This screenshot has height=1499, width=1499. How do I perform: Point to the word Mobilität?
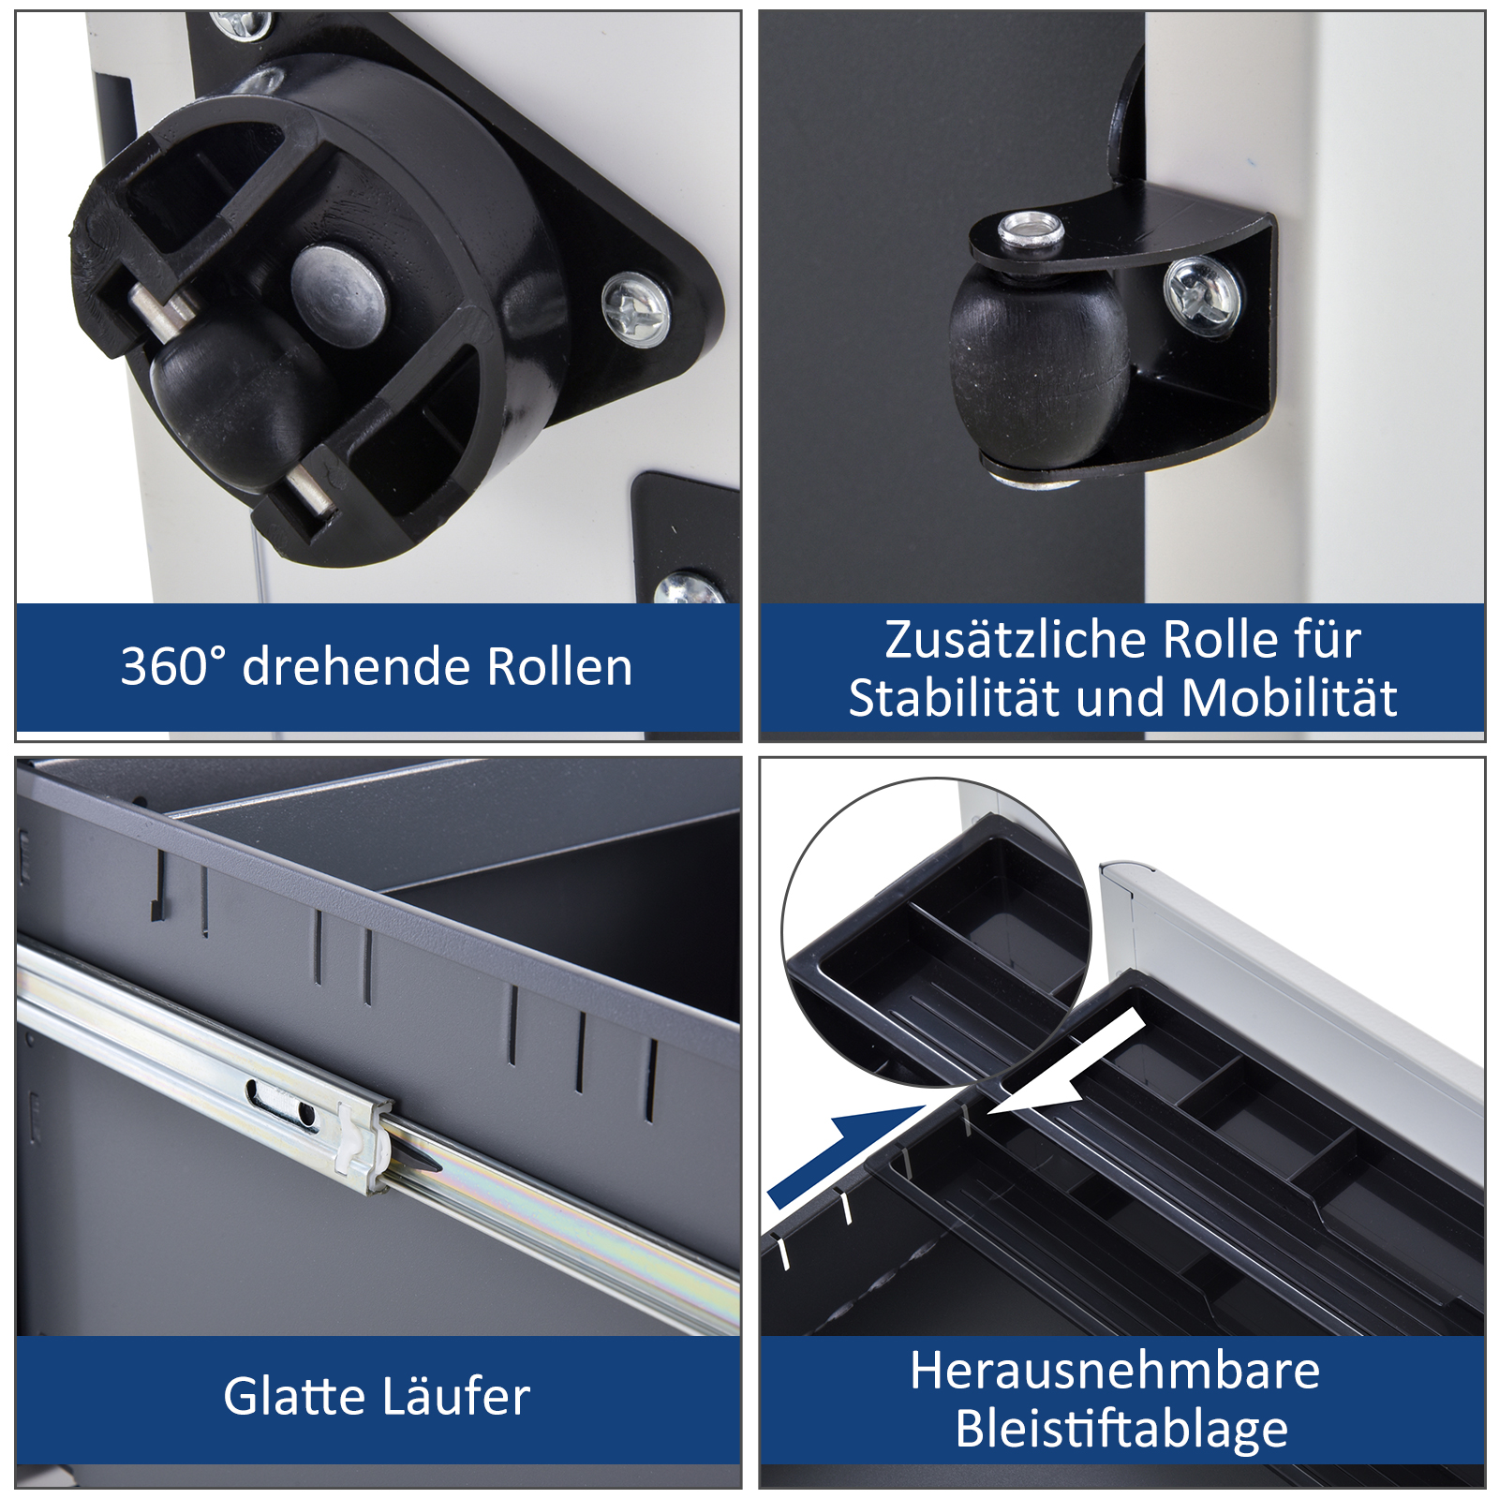(x=1290, y=698)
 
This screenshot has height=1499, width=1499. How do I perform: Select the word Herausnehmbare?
(x=1115, y=1371)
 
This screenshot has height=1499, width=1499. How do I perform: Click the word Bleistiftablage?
(x=1121, y=1430)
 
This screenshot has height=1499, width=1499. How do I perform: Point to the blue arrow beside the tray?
(x=843, y=1152)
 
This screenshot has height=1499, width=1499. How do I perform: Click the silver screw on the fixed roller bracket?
(x=1203, y=294)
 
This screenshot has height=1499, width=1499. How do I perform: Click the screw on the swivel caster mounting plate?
(x=636, y=308)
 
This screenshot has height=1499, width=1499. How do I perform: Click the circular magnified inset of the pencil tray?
(x=937, y=932)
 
